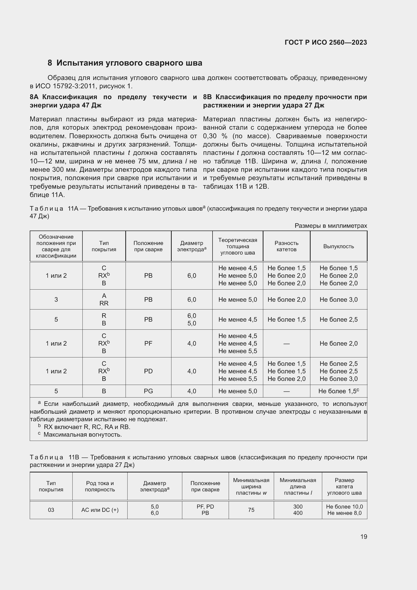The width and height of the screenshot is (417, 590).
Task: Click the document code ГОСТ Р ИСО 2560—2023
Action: click(325, 42)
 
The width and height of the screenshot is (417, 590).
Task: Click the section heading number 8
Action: click(50, 63)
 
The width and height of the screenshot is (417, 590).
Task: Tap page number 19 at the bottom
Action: click(364, 537)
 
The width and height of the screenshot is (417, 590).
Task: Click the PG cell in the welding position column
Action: click(148, 391)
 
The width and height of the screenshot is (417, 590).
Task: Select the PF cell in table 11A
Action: click(148, 343)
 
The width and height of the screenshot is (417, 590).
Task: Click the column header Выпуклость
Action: click(338, 246)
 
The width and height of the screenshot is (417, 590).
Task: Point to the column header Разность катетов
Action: click(286, 246)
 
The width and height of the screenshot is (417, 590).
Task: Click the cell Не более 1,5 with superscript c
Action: click(338, 391)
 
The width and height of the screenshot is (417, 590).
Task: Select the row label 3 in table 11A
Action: click(56, 300)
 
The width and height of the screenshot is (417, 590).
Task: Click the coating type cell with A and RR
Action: click(104, 300)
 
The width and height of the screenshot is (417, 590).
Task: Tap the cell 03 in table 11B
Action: click(51, 510)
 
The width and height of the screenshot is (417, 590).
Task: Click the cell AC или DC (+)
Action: click(100, 510)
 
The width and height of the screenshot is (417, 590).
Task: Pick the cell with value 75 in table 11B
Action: click(251, 510)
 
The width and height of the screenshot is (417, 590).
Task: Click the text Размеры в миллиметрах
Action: click(331, 226)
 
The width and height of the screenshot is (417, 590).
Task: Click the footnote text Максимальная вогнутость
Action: click(82, 435)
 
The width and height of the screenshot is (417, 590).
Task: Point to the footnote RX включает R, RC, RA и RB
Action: click(87, 427)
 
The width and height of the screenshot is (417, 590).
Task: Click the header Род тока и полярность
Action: click(100, 486)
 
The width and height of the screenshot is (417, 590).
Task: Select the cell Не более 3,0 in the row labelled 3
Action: click(338, 300)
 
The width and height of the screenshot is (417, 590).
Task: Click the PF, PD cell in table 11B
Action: click(205, 507)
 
